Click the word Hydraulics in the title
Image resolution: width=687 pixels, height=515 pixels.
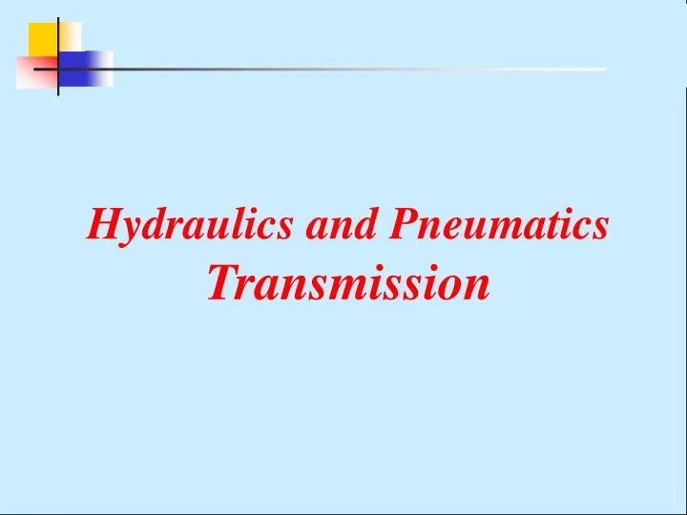tap(190, 225)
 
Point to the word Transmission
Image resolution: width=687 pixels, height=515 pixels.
tap(349, 282)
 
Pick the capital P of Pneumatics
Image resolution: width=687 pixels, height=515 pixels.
tap(403, 224)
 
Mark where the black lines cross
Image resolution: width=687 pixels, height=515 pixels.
tap(57, 69)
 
